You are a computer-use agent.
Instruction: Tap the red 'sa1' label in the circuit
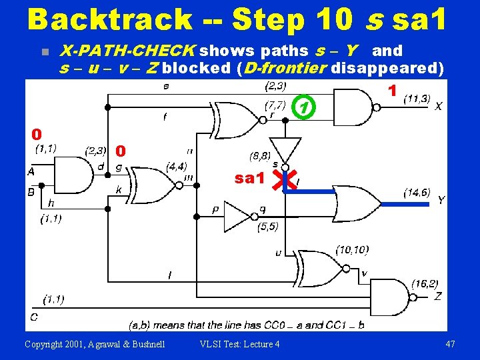250,179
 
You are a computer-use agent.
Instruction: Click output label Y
441,200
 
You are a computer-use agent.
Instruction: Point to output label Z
437,296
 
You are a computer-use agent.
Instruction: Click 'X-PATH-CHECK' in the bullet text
127,51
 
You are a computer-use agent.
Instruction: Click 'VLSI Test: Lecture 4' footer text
240,343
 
